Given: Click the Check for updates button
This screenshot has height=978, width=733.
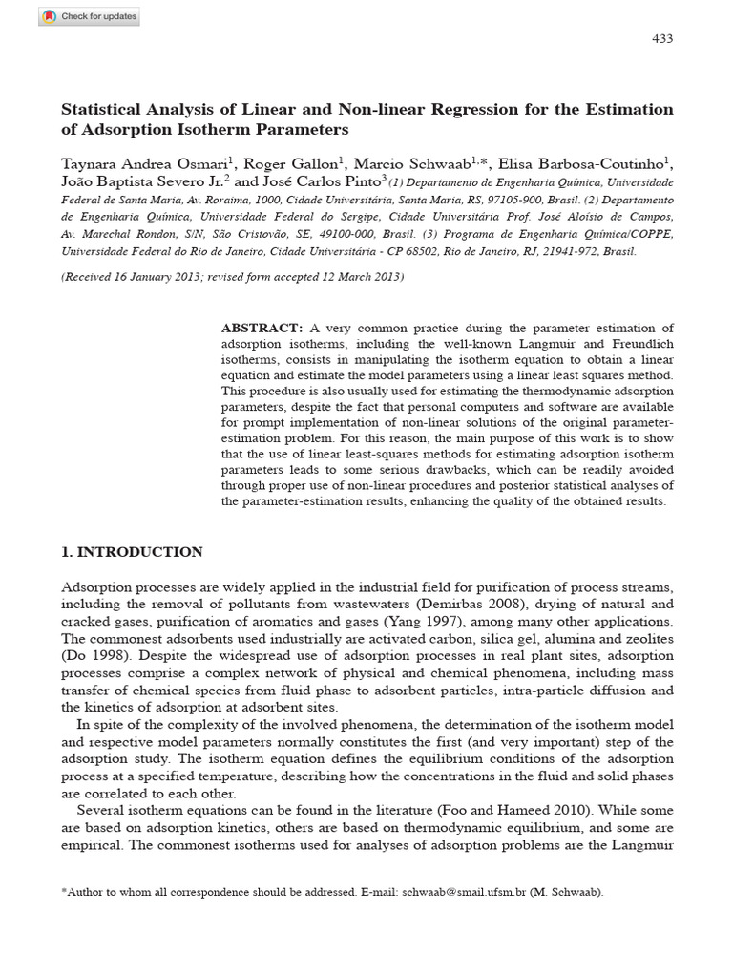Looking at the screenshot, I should (89, 16).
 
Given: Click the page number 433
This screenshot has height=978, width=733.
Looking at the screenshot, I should (661, 38).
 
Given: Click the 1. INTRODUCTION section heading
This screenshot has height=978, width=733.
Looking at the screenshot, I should (132, 552).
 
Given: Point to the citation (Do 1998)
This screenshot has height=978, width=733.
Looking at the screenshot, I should (94, 655).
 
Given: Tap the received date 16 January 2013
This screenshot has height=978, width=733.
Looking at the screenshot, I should (167, 277).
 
